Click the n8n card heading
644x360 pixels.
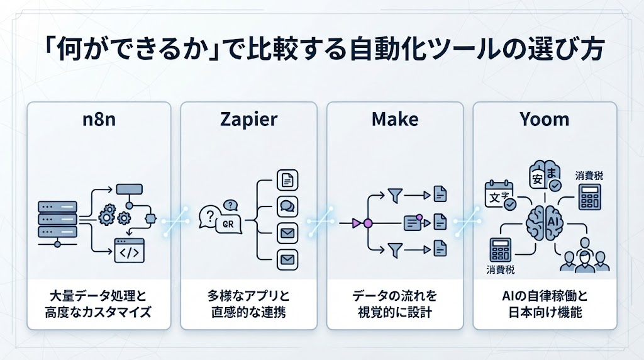99,120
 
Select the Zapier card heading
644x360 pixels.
249,120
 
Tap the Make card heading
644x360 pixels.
395,120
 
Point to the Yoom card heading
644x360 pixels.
545,120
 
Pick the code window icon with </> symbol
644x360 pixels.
129,250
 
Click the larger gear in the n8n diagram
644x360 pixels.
107,214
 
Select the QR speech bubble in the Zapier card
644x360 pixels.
229,224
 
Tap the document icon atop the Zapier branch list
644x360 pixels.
287,180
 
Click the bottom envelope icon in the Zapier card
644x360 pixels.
287,260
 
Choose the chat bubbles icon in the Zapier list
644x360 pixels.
287,206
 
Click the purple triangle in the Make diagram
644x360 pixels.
356,223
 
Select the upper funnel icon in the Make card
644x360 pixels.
395,196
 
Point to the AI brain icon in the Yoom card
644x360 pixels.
545,223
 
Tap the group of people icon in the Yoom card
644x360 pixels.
584,257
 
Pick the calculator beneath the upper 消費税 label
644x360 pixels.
590,197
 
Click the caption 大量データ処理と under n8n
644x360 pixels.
97,296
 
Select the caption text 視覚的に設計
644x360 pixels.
395,312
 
